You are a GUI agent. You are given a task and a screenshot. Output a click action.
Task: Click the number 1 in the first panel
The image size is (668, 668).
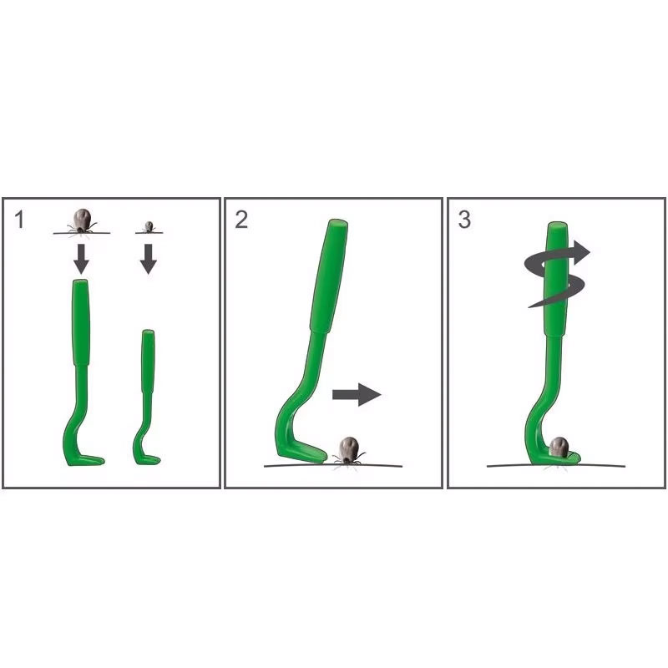click(18, 220)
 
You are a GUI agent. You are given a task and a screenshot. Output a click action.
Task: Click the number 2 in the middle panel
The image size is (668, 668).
click(241, 220)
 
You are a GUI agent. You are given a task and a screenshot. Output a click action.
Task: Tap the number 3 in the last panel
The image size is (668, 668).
click(464, 220)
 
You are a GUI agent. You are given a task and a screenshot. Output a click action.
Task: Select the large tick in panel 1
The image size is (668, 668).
click(81, 221)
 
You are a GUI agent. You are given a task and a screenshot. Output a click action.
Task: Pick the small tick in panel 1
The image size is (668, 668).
click(149, 226)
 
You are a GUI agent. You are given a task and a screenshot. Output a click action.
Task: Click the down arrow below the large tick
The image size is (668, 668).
click(81, 259)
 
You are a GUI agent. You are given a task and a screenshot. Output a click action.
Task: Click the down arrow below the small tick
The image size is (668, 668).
click(149, 259)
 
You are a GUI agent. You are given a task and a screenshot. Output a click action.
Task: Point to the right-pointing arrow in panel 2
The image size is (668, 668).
click(357, 394)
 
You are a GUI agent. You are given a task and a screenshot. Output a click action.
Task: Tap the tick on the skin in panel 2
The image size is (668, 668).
click(348, 451)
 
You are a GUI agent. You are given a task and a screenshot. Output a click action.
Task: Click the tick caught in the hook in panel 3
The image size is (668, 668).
click(559, 448)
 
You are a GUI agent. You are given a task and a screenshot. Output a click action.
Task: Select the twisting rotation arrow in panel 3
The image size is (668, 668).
click(556, 274)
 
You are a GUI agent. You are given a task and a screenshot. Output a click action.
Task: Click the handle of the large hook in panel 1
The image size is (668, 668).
click(81, 322)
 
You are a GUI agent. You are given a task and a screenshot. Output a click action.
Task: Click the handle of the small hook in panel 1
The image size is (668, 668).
click(149, 361)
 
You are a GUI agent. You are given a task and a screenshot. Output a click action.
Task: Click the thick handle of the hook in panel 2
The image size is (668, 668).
click(328, 276)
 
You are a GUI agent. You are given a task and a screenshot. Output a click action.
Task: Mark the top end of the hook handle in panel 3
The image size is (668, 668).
click(557, 224)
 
